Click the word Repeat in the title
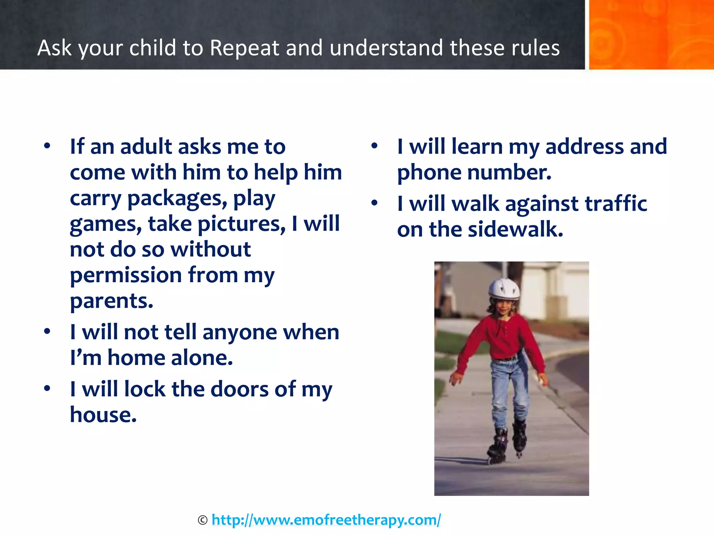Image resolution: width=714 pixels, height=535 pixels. pos(244,48)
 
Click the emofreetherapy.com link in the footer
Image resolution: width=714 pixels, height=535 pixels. pos(326,520)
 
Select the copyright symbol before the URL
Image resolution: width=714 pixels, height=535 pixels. pos(203,520)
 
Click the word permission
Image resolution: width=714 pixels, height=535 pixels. pos(126,275)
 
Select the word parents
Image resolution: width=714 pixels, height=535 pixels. pos(112,301)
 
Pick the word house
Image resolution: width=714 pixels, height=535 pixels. pos(103,415)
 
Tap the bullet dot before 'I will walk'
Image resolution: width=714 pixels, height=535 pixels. pos(374,203)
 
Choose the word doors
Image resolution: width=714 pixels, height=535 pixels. pos(240,389)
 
